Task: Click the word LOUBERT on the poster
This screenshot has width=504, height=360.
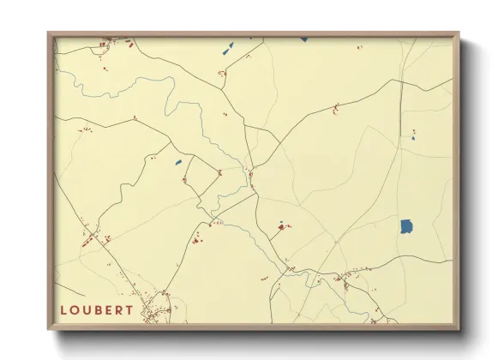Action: coord(97,309)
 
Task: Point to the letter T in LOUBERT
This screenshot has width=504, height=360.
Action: coord(129,309)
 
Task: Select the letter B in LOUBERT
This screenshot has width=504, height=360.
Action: coord(97,309)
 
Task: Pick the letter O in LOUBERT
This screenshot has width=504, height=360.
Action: coord(75,309)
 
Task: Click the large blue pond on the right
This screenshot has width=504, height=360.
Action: coord(406,227)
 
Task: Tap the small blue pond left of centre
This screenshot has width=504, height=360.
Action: coord(178,162)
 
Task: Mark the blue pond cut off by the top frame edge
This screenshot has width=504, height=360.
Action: coord(303,39)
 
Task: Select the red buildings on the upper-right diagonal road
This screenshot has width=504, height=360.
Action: coord(336,109)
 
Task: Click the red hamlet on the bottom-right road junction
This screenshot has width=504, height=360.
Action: coord(349,279)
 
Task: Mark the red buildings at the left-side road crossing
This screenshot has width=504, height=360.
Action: coord(92,239)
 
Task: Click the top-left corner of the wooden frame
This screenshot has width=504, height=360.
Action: coord(49,33)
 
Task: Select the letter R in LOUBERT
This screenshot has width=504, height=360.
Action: coord(118,309)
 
